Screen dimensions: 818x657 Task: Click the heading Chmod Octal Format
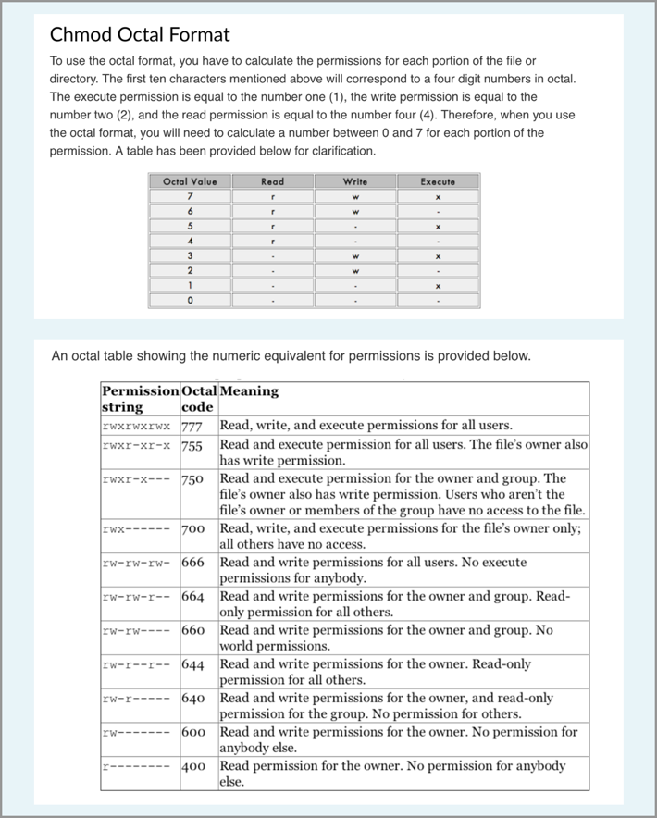140,35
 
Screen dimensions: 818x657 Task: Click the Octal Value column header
190,181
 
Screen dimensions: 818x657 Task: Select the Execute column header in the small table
438,181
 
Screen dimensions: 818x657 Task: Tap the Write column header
355,181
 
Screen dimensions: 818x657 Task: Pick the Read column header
273,181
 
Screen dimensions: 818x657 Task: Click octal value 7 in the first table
190,196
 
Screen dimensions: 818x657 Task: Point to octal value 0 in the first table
190,301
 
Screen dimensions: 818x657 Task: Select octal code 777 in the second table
192,427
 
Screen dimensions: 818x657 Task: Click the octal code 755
192,445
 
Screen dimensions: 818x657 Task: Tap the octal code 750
192,478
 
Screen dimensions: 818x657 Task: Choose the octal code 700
192,529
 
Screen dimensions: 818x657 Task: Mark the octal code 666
192,563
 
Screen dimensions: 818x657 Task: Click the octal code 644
192,664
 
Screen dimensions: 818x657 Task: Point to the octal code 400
192,766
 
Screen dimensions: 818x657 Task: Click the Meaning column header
249,390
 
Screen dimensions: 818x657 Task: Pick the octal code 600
192,732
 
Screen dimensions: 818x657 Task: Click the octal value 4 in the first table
190,241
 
